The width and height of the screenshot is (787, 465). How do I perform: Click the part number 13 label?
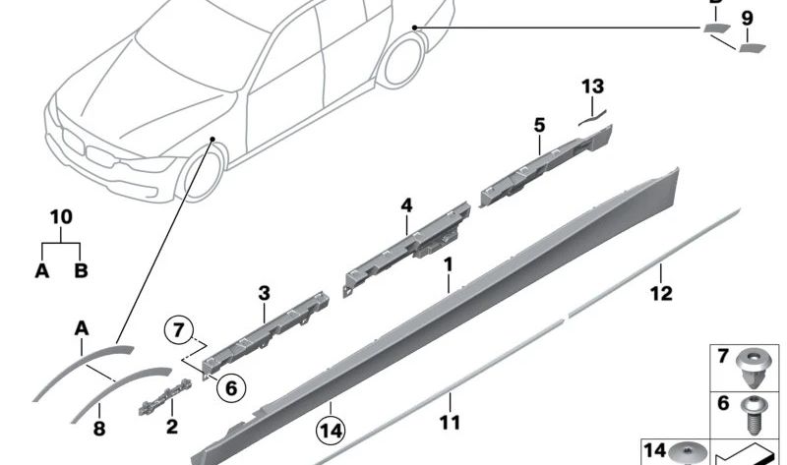592,87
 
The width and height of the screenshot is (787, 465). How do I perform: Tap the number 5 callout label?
539,125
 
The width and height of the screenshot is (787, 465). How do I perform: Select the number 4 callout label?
405,205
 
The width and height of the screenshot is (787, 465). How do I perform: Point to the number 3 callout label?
264,293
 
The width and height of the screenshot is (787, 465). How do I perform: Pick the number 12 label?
661,292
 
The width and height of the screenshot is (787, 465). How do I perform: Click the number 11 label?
450,424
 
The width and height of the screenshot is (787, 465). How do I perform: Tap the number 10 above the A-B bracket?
60,216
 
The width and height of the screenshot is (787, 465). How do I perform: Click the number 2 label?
171,427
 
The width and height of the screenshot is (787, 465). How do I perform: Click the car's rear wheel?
403,59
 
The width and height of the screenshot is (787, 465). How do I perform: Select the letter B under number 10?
81,270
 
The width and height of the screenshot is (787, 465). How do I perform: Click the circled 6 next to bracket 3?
230,387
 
